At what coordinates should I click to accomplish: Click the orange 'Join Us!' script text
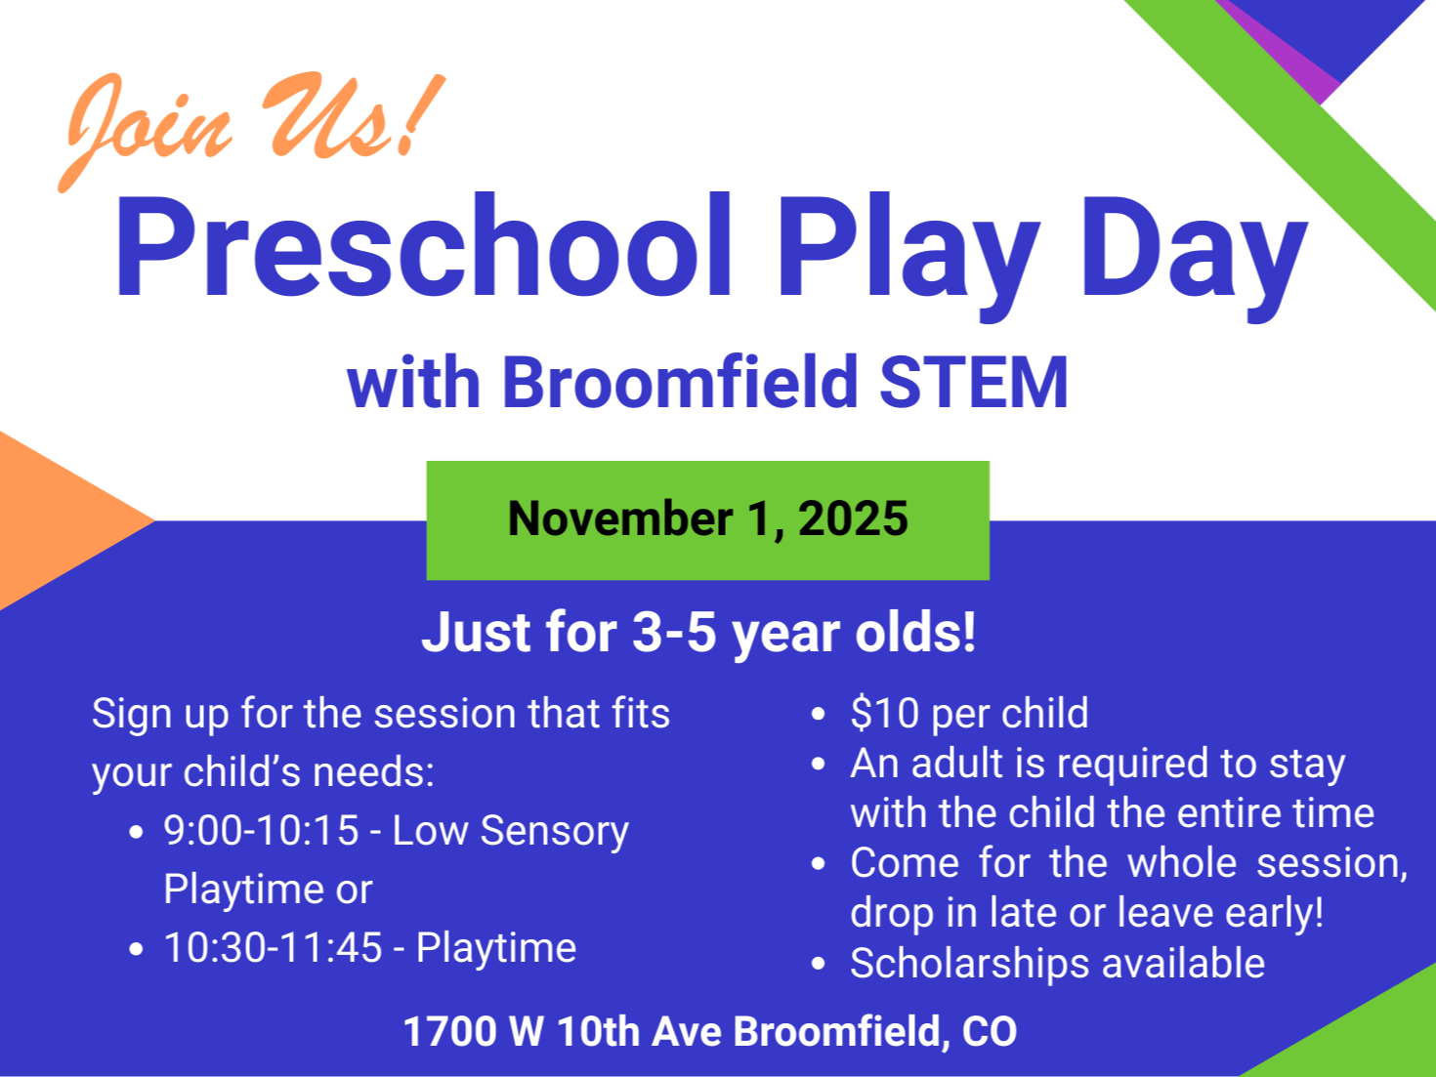[x=252, y=131]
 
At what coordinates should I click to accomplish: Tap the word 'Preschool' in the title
[x=422, y=246]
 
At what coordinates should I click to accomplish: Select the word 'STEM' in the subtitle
[x=974, y=383]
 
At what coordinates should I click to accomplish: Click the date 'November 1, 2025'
[x=708, y=518]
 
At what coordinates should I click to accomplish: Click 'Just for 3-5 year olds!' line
[x=698, y=633]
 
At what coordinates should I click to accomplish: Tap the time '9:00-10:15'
[x=261, y=831]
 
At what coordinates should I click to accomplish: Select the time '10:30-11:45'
[x=273, y=947]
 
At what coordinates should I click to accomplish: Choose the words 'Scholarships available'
[x=1057, y=964]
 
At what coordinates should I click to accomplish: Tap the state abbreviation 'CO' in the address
[x=990, y=1032]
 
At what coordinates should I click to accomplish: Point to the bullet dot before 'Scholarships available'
[x=818, y=964]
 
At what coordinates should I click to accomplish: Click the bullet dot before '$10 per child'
[x=818, y=714]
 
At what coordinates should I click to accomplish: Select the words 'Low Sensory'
[x=510, y=832]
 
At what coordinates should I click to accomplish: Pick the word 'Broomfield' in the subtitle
[x=680, y=383]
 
